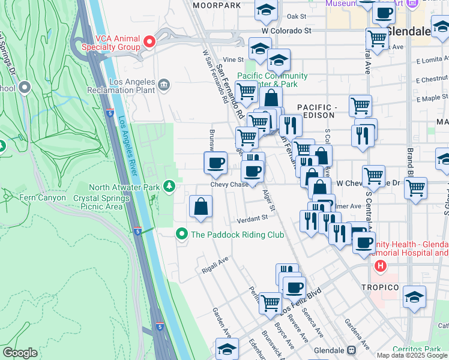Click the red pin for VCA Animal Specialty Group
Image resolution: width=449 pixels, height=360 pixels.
[x=149, y=42]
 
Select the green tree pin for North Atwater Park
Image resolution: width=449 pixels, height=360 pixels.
[x=170, y=187]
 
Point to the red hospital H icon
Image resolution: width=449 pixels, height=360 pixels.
[x=379, y=265]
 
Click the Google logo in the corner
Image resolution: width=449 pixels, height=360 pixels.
[x=20, y=353]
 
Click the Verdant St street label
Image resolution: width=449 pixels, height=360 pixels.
[x=251, y=218]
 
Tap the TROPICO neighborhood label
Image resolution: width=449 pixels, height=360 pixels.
[x=379, y=287]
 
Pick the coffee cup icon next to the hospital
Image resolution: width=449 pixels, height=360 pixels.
[x=364, y=242]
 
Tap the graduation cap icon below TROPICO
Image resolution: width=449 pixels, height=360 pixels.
[x=414, y=298]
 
